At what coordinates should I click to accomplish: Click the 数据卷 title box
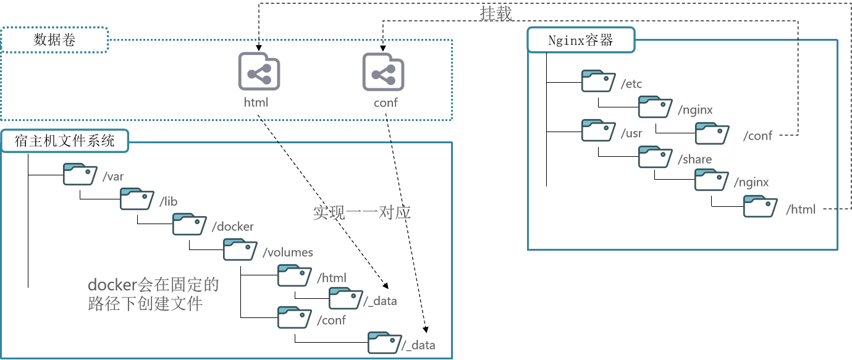click(54, 41)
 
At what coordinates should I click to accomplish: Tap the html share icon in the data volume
click(259, 72)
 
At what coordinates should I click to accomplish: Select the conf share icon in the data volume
click(383, 72)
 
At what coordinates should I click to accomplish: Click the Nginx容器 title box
click(581, 41)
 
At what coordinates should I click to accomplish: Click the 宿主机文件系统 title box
click(65, 141)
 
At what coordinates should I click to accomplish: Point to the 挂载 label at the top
click(496, 14)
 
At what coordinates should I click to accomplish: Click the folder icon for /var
click(81, 174)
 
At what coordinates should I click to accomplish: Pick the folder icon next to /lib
click(137, 199)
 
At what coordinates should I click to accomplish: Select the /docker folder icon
click(190, 224)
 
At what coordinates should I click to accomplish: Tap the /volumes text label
click(288, 252)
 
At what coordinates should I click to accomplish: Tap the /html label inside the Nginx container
click(801, 209)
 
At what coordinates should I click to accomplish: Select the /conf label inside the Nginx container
click(757, 136)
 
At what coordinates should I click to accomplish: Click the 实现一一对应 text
click(361, 213)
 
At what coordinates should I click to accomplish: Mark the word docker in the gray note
click(111, 285)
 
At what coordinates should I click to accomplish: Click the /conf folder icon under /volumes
click(295, 317)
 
